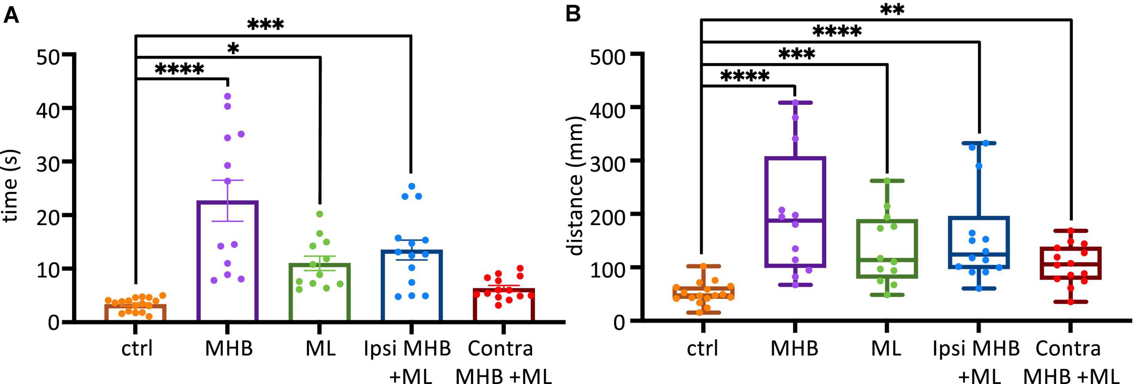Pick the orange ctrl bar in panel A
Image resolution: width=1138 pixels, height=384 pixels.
tap(135, 313)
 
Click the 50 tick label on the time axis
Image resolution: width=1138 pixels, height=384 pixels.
tap(48, 57)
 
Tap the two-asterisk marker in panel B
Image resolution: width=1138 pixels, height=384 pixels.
tap(892, 10)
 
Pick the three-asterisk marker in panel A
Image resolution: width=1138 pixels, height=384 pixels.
tap(265, 25)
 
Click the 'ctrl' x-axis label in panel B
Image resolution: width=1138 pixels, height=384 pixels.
tap(702, 349)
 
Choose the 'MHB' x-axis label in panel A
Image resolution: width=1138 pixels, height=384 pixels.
tap(229, 349)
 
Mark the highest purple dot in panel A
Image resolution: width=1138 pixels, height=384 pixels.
tap(228, 96)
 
